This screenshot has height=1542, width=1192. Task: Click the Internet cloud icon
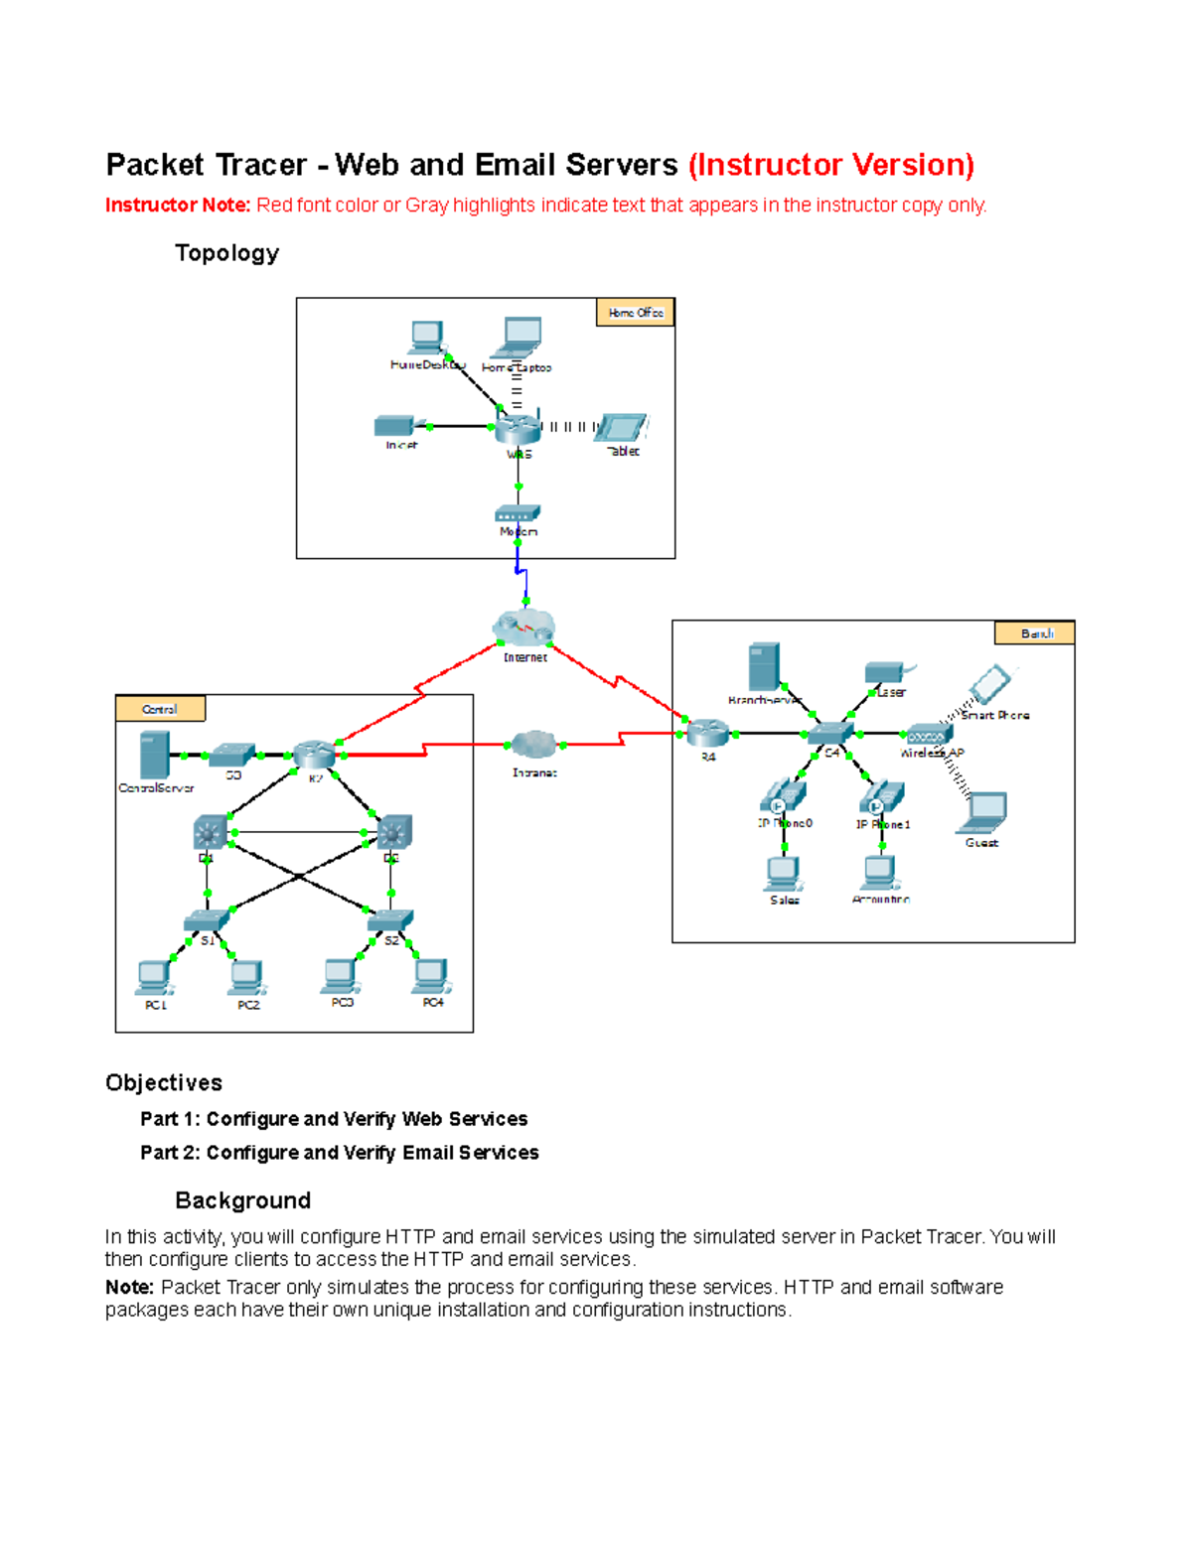click(x=523, y=628)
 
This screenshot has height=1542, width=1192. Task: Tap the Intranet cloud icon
click(x=534, y=744)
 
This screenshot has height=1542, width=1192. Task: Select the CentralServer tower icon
click(x=154, y=755)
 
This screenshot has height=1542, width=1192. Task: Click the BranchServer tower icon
click(x=763, y=666)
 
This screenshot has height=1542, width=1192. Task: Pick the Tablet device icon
click(x=624, y=428)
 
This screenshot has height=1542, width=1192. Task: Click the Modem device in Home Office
click(x=518, y=513)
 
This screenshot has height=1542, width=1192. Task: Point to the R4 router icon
click(x=708, y=733)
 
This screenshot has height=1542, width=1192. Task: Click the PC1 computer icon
click(x=154, y=977)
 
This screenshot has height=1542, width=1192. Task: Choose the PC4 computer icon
click(x=432, y=975)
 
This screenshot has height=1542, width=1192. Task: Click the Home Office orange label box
click(x=635, y=313)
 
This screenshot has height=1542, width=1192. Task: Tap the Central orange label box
click(x=160, y=709)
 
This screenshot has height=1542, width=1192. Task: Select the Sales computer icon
click(x=783, y=873)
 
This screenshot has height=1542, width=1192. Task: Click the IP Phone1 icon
click(x=882, y=797)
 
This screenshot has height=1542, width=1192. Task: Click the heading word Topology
click(x=226, y=253)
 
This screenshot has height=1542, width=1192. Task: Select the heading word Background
click(x=242, y=1200)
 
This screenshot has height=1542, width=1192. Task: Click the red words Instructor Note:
click(x=178, y=206)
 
